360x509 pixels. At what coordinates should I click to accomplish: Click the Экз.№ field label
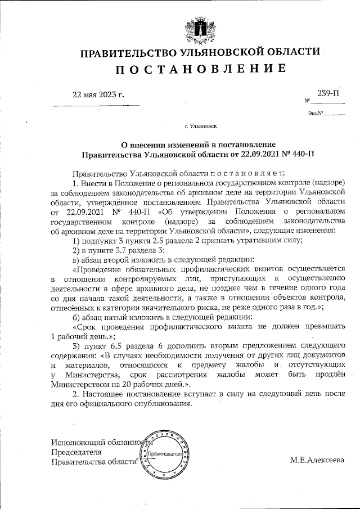pyautogui.click(x=314, y=114)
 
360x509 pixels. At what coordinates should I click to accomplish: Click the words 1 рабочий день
pyautogui.click(x=79, y=336)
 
